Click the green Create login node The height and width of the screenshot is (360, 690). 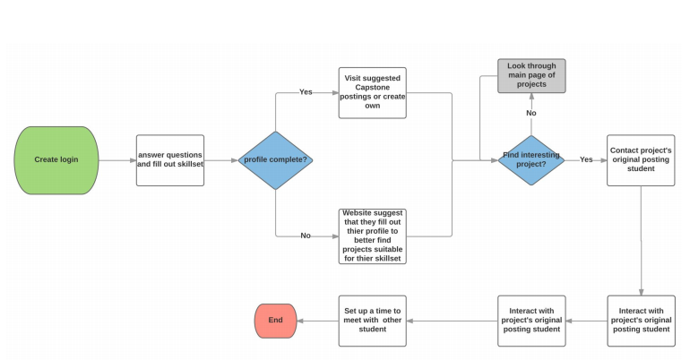(x=56, y=160)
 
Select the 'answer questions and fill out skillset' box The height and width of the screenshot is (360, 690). (x=170, y=160)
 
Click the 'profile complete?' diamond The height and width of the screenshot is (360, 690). (x=275, y=160)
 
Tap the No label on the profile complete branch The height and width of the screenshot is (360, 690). (x=306, y=236)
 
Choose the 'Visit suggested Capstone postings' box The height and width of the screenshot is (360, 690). (x=372, y=92)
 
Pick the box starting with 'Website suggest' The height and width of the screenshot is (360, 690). (x=372, y=236)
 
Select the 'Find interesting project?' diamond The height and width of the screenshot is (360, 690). (x=531, y=160)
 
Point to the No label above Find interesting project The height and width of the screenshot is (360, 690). (x=531, y=114)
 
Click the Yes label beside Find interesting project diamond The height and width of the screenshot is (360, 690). (x=586, y=160)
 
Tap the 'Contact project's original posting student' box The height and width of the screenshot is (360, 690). (x=641, y=160)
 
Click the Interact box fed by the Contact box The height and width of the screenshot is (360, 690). (x=641, y=321)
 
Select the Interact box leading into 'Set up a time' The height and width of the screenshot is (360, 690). (x=531, y=321)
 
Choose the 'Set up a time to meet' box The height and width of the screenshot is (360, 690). (x=372, y=321)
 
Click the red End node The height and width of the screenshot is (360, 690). (x=275, y=321)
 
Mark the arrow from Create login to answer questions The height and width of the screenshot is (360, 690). (x=116, y=160)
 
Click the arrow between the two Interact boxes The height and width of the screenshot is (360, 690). (x=586, y=321)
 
